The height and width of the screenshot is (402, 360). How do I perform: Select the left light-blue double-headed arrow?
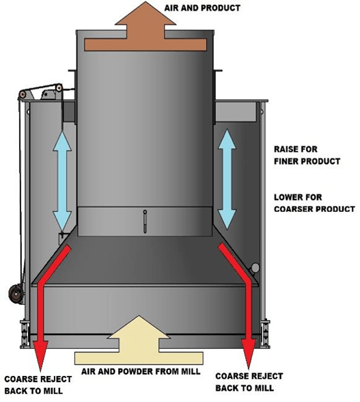(62, 180)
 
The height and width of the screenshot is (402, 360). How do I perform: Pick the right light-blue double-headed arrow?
(227, 179)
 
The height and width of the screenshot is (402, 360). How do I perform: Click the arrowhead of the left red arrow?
(40, 355)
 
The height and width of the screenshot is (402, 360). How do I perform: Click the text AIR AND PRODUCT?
(202, 8)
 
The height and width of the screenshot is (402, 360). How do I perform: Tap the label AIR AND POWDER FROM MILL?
(141, 371)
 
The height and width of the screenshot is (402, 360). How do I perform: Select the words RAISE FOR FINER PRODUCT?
(307, 155)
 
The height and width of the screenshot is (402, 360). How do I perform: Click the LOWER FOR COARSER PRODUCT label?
(314, 203)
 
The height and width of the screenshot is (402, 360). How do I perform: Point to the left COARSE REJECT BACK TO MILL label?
(38, 385)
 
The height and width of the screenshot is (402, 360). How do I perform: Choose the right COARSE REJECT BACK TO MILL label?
(249, 382)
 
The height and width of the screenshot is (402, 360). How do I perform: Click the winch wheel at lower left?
(16, 294)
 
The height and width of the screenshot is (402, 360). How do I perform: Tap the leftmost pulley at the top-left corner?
(23, 94)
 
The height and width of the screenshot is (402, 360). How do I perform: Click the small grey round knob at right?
(255, 268)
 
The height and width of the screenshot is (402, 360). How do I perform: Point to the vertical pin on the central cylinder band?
(145, 222)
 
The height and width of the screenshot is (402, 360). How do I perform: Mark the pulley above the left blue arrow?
(59, 88)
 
